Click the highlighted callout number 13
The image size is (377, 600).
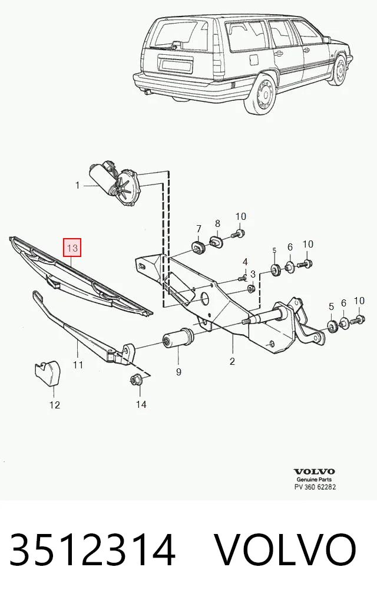click(72, 248)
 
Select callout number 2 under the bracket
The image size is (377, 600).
click(232, 361)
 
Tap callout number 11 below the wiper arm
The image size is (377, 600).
click(78, 365)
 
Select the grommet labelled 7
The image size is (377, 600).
click(198, 247)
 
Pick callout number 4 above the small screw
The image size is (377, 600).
click(245, 262)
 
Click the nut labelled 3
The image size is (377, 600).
click(251, 288)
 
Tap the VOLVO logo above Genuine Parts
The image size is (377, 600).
click(314, 472)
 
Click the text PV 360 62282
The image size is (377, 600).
click(315, 487)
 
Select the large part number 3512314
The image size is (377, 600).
click(92, 550)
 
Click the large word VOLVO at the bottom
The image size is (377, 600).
click(285, 550)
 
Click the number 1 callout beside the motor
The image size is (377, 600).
click(78, 186)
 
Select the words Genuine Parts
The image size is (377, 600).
click(314, 479)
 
